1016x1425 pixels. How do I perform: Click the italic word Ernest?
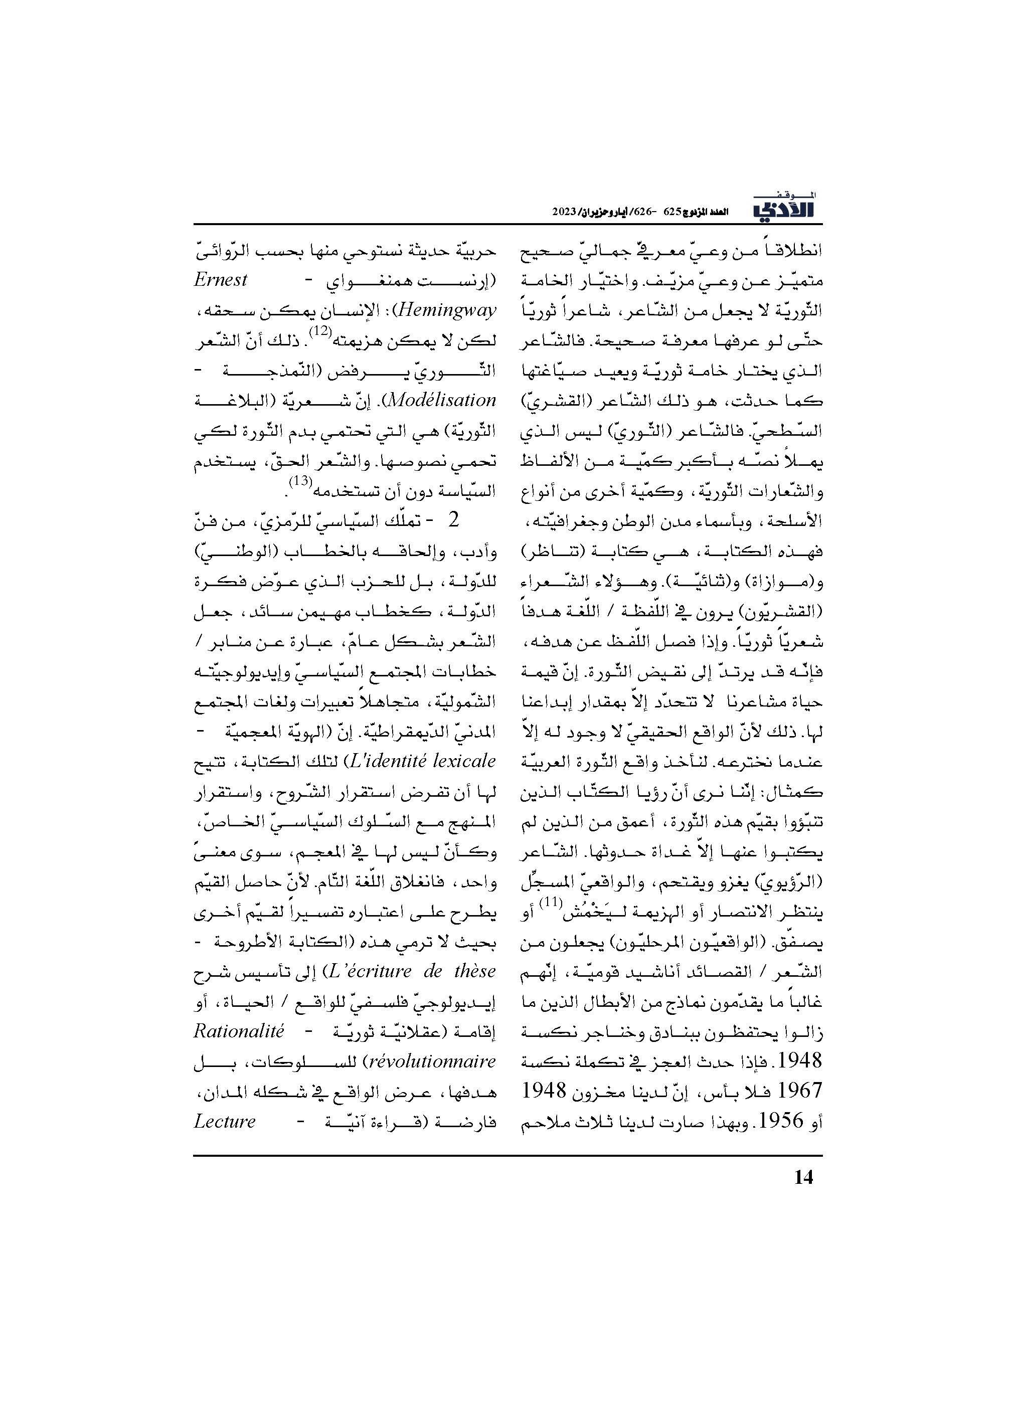[221, 280]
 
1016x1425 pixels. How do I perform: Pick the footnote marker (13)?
[300, 482]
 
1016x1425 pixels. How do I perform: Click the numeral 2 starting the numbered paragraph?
[453, 520]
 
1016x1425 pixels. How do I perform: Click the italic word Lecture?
[225, 1121]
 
